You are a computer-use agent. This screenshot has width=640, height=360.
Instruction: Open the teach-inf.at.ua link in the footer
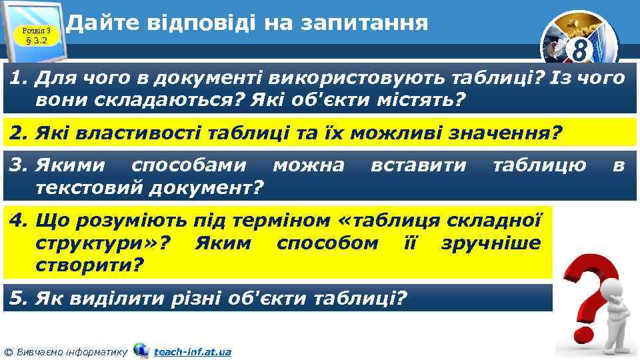(x=192, y=351)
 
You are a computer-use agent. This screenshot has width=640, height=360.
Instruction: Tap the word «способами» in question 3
(x=189, y=165)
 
